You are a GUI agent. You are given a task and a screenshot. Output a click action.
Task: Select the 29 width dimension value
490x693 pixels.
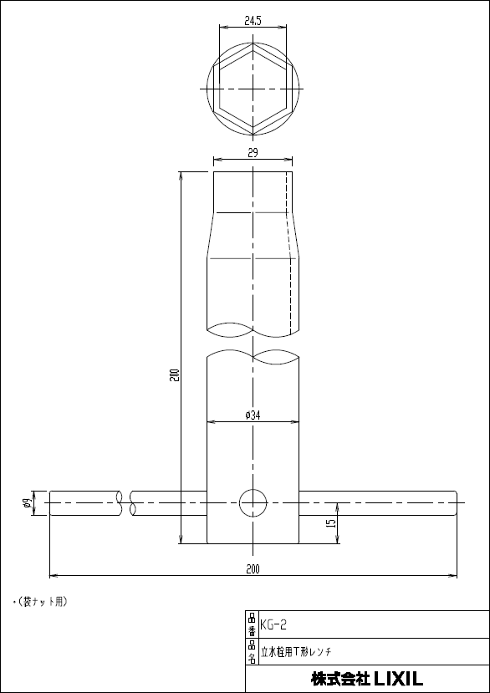253,152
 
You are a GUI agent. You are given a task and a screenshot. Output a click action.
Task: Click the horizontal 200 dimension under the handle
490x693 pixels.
253,569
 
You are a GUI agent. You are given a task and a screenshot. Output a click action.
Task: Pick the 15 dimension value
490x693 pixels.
332,522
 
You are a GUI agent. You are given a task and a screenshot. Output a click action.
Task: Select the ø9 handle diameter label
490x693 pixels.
27,503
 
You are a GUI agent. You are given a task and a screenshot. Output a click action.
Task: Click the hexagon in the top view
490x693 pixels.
253,88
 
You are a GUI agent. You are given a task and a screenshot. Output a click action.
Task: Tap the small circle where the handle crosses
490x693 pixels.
253,503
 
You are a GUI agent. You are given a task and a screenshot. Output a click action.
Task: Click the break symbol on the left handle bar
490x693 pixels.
127,503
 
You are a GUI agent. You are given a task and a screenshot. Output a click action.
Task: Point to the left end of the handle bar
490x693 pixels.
53,503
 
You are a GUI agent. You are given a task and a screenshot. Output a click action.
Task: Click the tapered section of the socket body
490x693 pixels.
253,238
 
